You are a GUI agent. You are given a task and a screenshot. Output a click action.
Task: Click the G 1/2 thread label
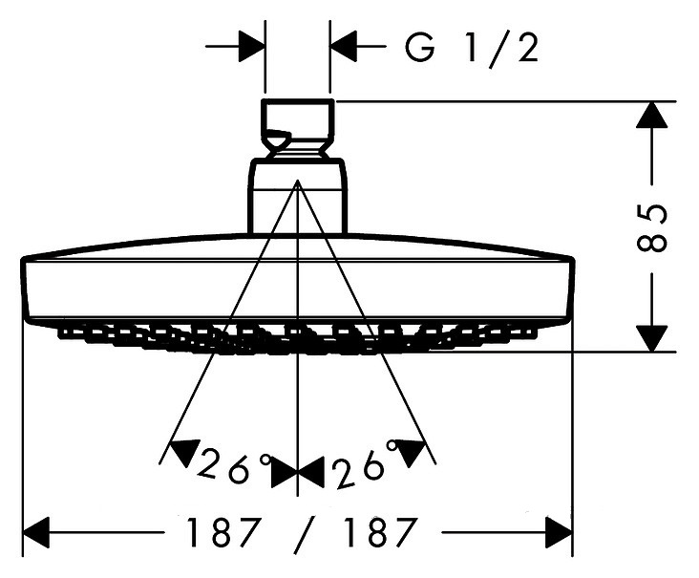pos(472,48)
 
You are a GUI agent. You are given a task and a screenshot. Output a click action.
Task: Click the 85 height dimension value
pos(652,228)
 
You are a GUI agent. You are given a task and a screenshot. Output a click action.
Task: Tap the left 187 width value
pos(222,532)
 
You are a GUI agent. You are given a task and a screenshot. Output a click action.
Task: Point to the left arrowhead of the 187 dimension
pos(35,532)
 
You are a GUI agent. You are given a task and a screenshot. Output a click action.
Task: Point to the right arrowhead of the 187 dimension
pos(559,532)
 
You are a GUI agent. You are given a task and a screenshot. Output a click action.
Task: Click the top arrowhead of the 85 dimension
pos(652,115)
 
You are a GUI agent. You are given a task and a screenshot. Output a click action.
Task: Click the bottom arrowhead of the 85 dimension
pos(652,338)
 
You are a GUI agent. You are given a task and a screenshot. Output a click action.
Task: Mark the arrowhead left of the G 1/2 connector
pos(252,46)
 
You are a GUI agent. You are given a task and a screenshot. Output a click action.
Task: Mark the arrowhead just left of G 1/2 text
pos(344,46)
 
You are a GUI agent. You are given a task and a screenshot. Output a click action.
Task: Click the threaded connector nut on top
pos(297,128)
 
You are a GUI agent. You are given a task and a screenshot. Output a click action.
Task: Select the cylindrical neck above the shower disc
pos(297,196)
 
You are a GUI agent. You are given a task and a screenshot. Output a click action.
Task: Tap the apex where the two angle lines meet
pos(297,181)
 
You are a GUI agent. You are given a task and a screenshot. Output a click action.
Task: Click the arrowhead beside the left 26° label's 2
pos(183,451)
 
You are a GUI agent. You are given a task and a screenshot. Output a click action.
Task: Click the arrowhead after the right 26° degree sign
pos(411,451)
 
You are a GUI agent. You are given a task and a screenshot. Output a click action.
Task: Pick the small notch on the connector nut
pos(277,138)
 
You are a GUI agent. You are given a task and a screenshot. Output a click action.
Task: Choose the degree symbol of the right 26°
pos(392,445)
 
